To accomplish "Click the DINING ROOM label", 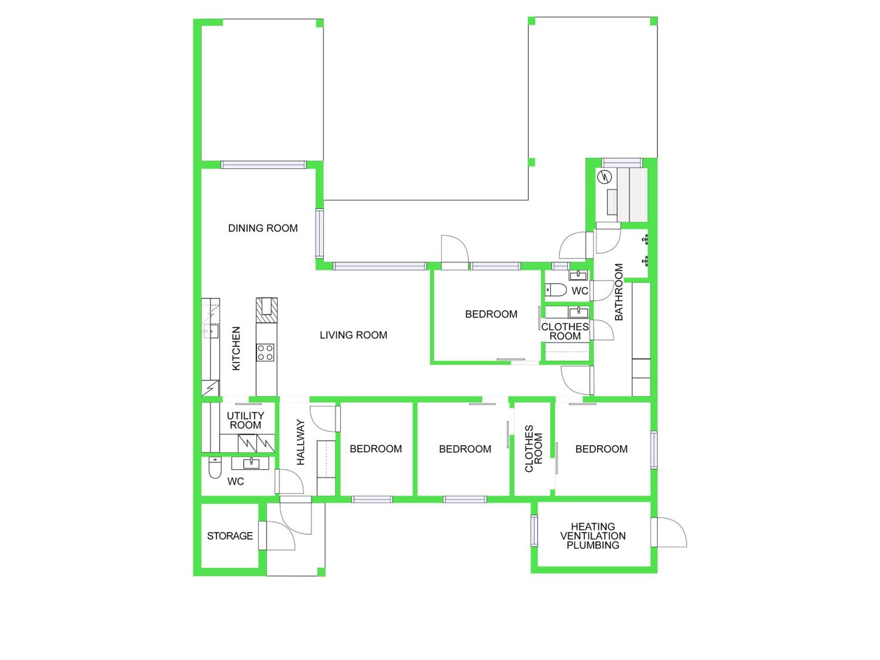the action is (263, 228).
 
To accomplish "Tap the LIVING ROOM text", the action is (353, 335).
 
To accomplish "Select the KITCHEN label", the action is (236, 348).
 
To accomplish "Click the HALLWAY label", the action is (301, 442).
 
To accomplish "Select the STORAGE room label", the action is (230, 536).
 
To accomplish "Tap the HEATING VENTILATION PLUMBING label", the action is (593, 536).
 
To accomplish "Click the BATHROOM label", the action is (619, 292).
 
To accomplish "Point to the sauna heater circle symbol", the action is (604, 177).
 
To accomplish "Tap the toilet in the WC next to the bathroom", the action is (555, 290).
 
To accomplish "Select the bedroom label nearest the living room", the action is (491, 314).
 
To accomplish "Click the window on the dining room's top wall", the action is (263, 165).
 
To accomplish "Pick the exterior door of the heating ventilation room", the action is (669, 532).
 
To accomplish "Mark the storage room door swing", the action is (277, 535).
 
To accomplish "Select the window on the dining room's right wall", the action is (319, 233).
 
